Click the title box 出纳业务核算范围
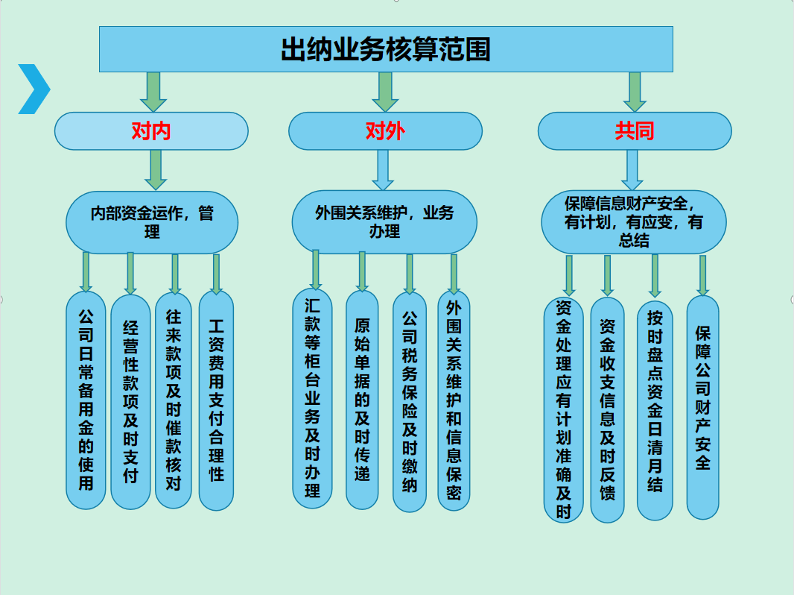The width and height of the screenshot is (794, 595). pos(386,49)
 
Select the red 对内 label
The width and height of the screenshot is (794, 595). pos(151,131)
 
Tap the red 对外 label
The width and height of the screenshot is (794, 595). pos(385,131)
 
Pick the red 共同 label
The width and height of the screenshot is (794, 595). pos(635,131)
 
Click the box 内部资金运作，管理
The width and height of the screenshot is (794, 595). pos(152,222)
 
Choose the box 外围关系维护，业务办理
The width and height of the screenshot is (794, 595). pos(384,221)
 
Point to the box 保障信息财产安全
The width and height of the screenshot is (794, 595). pos(633,222)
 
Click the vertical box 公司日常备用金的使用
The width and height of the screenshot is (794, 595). pos(86,400)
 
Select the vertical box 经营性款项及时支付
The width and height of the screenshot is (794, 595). pos(130,401)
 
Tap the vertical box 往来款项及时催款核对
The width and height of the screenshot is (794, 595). pos(174,400)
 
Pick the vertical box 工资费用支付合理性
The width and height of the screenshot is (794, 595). pos(216,400)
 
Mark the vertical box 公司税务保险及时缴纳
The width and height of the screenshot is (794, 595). pos(410,400)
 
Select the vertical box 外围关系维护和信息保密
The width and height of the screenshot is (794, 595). pos(454,400)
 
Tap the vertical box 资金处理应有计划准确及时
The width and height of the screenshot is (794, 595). pos(564,409)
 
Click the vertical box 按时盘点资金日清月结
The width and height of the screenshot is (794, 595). pos(655,409)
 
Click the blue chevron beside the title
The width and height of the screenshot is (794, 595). pos(34,89)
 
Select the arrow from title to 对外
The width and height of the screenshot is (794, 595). pos(385,91)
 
